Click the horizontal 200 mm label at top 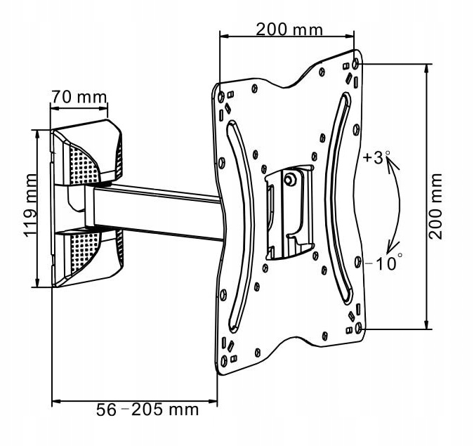click(x=289, y=29)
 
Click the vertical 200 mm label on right click(x=437, y=204)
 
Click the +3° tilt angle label click(x=376, y=158)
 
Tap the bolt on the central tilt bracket click(x=289, y=180)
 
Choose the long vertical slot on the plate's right click(x=338, y=197)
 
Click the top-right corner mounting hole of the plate click(x=356, y=63)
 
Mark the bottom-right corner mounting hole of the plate click(x=360, y=327)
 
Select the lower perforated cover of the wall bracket click(x=88, y=256)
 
